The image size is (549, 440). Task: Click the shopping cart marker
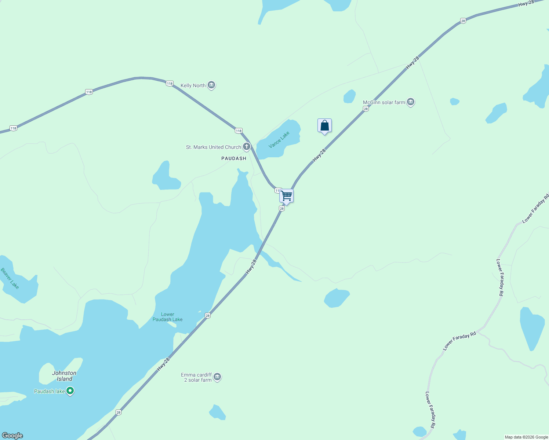click(286, 196)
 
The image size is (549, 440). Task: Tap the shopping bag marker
click(324, 126)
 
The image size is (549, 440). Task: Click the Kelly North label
click(193, 85)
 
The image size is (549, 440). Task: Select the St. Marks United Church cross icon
click(247, 147)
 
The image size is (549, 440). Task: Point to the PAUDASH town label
click(234, 158)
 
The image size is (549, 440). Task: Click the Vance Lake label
click(279, 140)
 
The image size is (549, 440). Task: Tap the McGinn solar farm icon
click(411, 102)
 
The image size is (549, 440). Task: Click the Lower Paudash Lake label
click(168, 317)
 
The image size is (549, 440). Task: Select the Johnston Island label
click(64, 376)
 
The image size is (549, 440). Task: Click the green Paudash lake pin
click(70, 391)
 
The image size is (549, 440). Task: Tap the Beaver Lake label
click(10, 278)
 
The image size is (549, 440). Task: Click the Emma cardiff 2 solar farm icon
click(217, 377)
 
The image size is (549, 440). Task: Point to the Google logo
click(12, 436)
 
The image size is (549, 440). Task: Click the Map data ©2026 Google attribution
click(526, 437)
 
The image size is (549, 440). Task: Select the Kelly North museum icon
click(211, 85)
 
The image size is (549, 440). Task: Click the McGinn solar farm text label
click(384, 102)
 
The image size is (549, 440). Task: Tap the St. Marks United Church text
click(214, 147)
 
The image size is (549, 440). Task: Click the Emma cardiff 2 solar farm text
click(197, 377)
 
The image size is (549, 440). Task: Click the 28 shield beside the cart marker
click(281, 208)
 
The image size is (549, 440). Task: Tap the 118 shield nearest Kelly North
click(169, 84)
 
